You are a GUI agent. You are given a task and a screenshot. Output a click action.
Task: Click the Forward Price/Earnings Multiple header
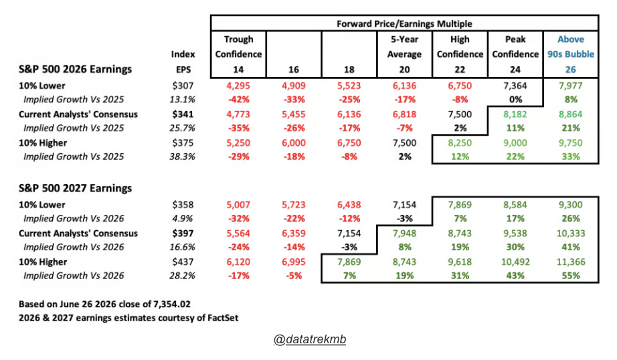(x=404, y=23)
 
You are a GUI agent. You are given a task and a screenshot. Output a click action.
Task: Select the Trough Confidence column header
(x=238, y=47)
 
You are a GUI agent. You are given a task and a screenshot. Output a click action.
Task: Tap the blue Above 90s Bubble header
(x=571, y=47)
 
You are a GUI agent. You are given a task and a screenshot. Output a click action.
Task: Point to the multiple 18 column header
(x=349, y=70)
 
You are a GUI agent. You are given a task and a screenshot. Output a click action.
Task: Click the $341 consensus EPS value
(x=183, y=114)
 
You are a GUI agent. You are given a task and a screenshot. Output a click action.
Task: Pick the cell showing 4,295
(x=238, y=86)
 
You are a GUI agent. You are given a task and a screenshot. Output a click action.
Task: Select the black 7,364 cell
(x=515, y=86)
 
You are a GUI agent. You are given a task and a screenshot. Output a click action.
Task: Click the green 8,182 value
(x=515, y=114)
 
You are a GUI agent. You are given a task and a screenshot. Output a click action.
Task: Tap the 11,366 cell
(x=571, y=262)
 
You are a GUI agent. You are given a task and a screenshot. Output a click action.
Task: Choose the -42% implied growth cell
(x=238, y=100)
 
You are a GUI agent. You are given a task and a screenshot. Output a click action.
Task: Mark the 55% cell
(x=571, y=276)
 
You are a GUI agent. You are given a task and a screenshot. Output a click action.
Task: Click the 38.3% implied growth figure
(x=182, y=157)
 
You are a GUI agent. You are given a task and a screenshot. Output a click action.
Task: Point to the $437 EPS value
(x=183, y=262)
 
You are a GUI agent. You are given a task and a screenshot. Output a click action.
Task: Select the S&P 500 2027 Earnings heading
(x=75, y=188)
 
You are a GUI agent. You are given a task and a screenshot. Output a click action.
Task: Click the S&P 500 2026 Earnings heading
(x=75, y=69)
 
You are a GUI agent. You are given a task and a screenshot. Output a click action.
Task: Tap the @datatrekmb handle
(x=310, y=339)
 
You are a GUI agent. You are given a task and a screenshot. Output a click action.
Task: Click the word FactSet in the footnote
(x=223, y=318)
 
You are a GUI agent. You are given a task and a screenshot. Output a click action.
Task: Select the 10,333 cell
(x=571, y=234)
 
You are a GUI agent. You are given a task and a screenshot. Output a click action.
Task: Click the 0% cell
(x=515, y=100)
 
